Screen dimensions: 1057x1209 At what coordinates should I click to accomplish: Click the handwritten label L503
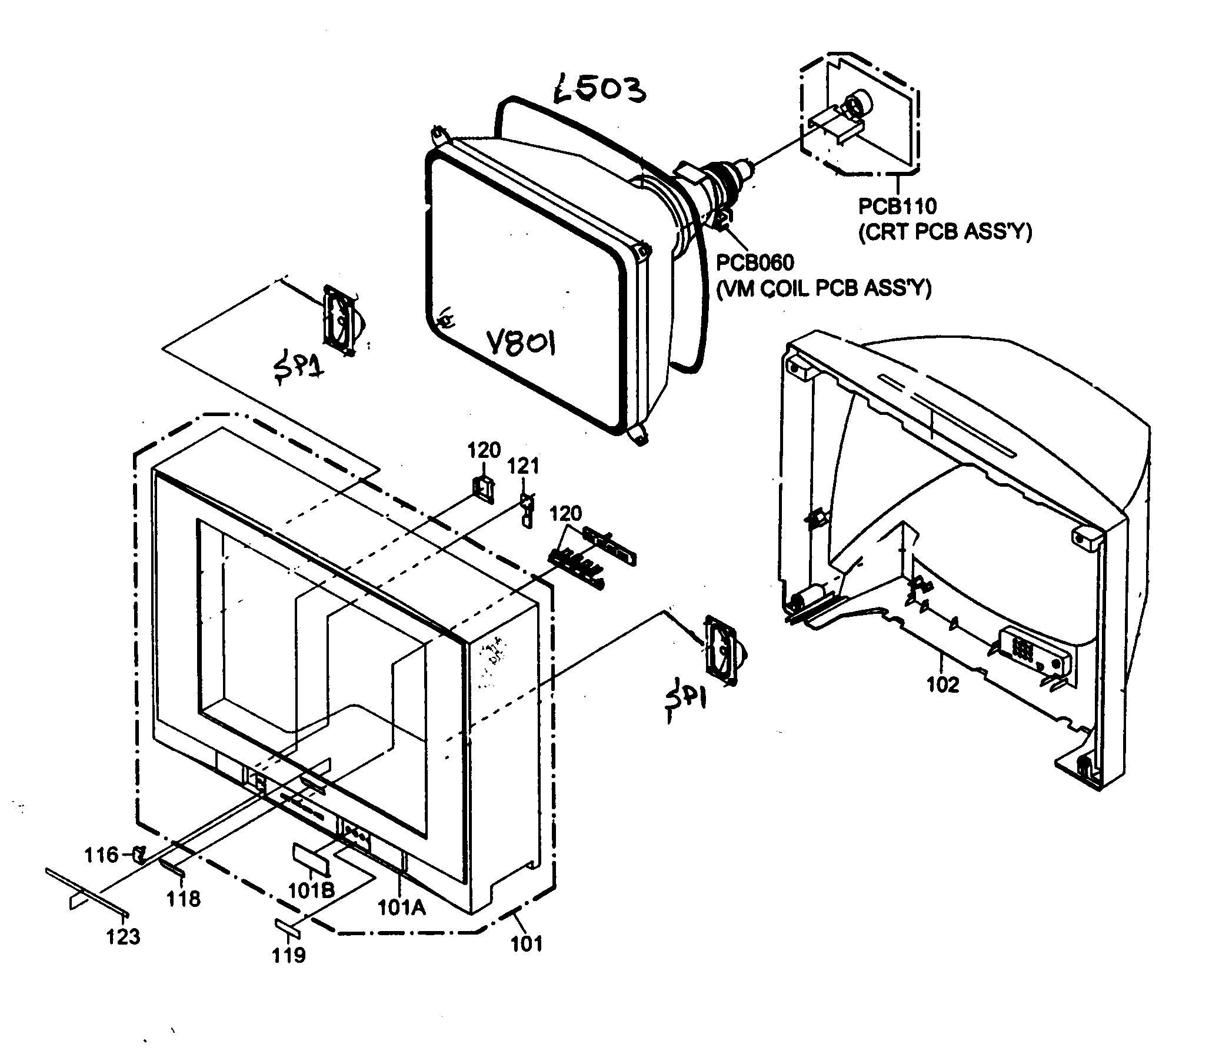tap(599, 91)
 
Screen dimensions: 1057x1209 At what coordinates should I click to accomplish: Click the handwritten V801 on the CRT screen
tap(521, 343)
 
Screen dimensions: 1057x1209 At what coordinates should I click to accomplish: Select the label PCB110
tap(897, 207)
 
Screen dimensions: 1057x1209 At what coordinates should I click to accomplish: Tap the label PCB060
tap(755, 262)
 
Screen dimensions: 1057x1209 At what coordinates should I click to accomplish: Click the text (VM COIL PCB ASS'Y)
tap(823, 288)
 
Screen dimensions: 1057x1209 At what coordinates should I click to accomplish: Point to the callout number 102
tap(942, 685)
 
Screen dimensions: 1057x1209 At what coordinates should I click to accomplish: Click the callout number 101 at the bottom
tap(526, 944)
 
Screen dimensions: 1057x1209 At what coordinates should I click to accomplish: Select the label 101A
tap(401, 908)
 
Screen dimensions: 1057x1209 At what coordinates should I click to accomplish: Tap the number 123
tap(123, 936)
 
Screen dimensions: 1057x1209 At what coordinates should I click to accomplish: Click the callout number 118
tap(184, 899)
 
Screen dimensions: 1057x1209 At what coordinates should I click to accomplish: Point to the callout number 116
tap(101, 855)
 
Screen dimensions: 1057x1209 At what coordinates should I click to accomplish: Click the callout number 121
tap(524, 467)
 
